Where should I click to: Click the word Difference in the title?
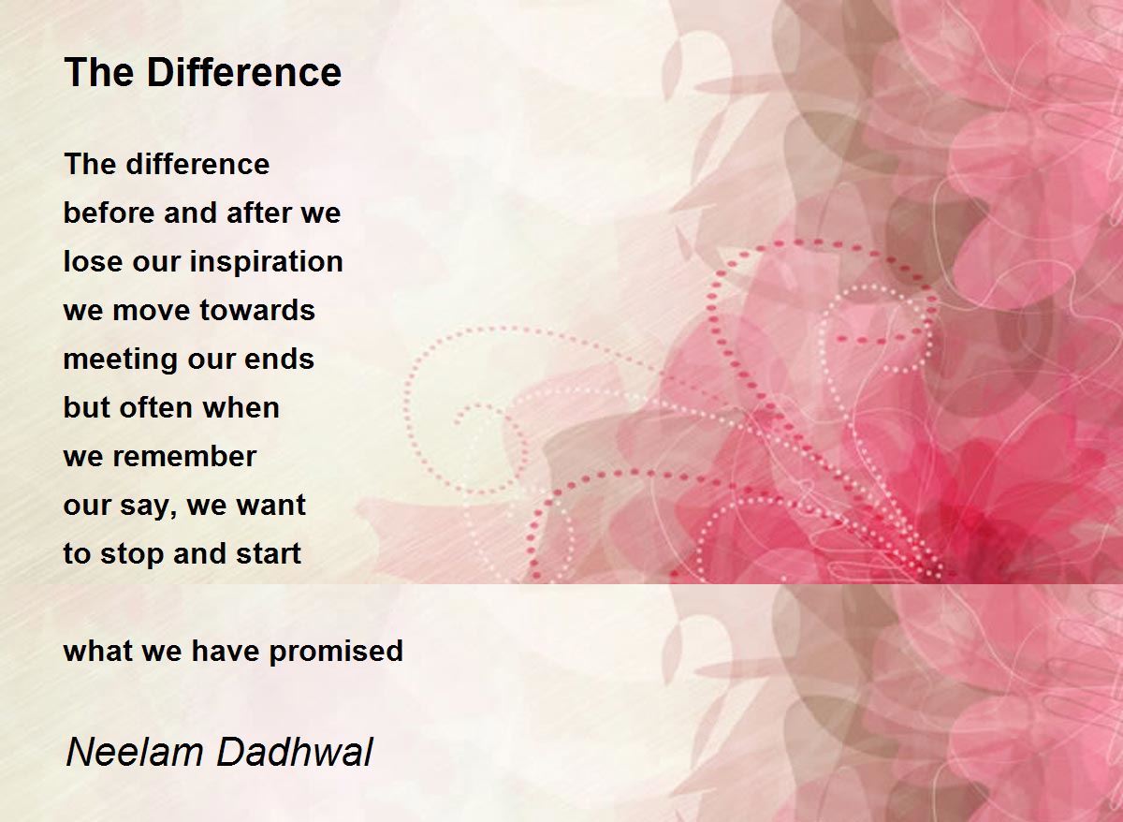click(x=244, y=73)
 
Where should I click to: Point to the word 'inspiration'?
click(x=266, y=262)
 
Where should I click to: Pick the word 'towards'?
click(x=257, y=311)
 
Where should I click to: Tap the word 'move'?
click(x=152, y=312)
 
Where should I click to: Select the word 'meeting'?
click(x=121, y=360)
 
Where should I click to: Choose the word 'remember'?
click(x=184, y=456)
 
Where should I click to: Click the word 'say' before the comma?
click(x=145, y=506)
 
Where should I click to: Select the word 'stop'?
click(x=132, y=554)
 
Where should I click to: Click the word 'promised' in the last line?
click(x=336, y=651)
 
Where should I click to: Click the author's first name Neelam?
click(x=134, y=753)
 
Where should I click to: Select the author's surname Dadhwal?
click(x=295, y=753)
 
